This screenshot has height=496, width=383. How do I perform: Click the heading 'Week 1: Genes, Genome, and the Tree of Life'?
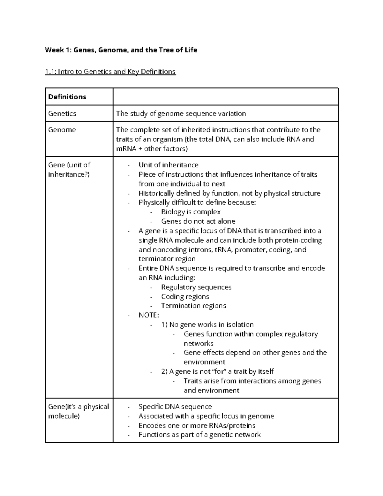click(121, 50)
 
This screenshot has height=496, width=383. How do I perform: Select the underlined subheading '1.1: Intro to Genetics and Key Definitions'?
click(110, 71)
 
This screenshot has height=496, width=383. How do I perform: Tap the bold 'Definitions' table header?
click(67, 97)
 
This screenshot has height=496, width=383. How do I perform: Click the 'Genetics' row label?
click(62, 113)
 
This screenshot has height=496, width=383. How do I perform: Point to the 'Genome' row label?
click(62, 130)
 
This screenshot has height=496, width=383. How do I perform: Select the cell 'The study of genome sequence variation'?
click(181, 113)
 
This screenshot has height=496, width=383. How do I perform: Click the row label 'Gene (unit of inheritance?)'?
click(69, 170)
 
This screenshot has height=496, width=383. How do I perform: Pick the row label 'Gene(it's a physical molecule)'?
click(78, 411)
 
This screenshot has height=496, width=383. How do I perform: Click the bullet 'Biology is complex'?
click(191, 212)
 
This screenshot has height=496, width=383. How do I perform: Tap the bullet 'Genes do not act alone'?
click(198, 221)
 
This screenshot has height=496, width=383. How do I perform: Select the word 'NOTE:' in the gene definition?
click(148, 315)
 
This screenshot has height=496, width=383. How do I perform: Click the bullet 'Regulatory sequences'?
click(196, 287)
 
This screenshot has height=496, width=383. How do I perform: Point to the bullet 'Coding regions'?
click(185, 297)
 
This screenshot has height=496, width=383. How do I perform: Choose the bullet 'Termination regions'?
click(193, 306)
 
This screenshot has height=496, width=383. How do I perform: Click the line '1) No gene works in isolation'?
click(207, 324)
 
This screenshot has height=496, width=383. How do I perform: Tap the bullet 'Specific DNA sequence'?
click(175, 407)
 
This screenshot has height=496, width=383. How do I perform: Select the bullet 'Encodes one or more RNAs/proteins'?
click(197, 425)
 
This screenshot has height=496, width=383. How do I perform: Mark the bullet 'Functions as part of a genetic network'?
click(199, 435)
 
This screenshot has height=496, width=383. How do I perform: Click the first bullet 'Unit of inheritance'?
click(168, 165)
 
